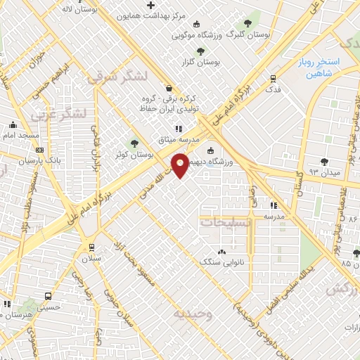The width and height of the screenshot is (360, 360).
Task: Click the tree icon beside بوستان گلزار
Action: (200, 51)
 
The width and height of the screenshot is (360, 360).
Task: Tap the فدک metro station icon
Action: (272, 79)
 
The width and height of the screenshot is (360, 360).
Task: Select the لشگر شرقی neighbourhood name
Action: (117, 77)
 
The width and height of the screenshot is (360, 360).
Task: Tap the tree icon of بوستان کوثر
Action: (134, 143)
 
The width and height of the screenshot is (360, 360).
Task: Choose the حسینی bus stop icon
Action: (47, 296)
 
